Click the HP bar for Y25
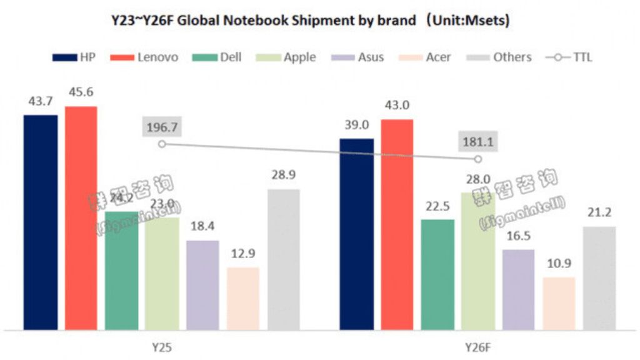click(41, 222)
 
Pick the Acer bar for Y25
click(243, 298)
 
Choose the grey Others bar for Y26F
click(599, 277)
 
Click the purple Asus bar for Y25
click(202, 284)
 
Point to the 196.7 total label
click(162, 127)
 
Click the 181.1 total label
click(477, 142)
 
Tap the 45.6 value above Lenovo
click(81, 92)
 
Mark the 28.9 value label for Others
click(284, 175)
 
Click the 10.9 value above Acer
click(559, 264)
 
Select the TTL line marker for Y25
click(162, 144)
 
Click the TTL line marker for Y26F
click(478, 159)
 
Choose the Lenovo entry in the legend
click(144, 57)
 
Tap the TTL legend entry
click(569, 57)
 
